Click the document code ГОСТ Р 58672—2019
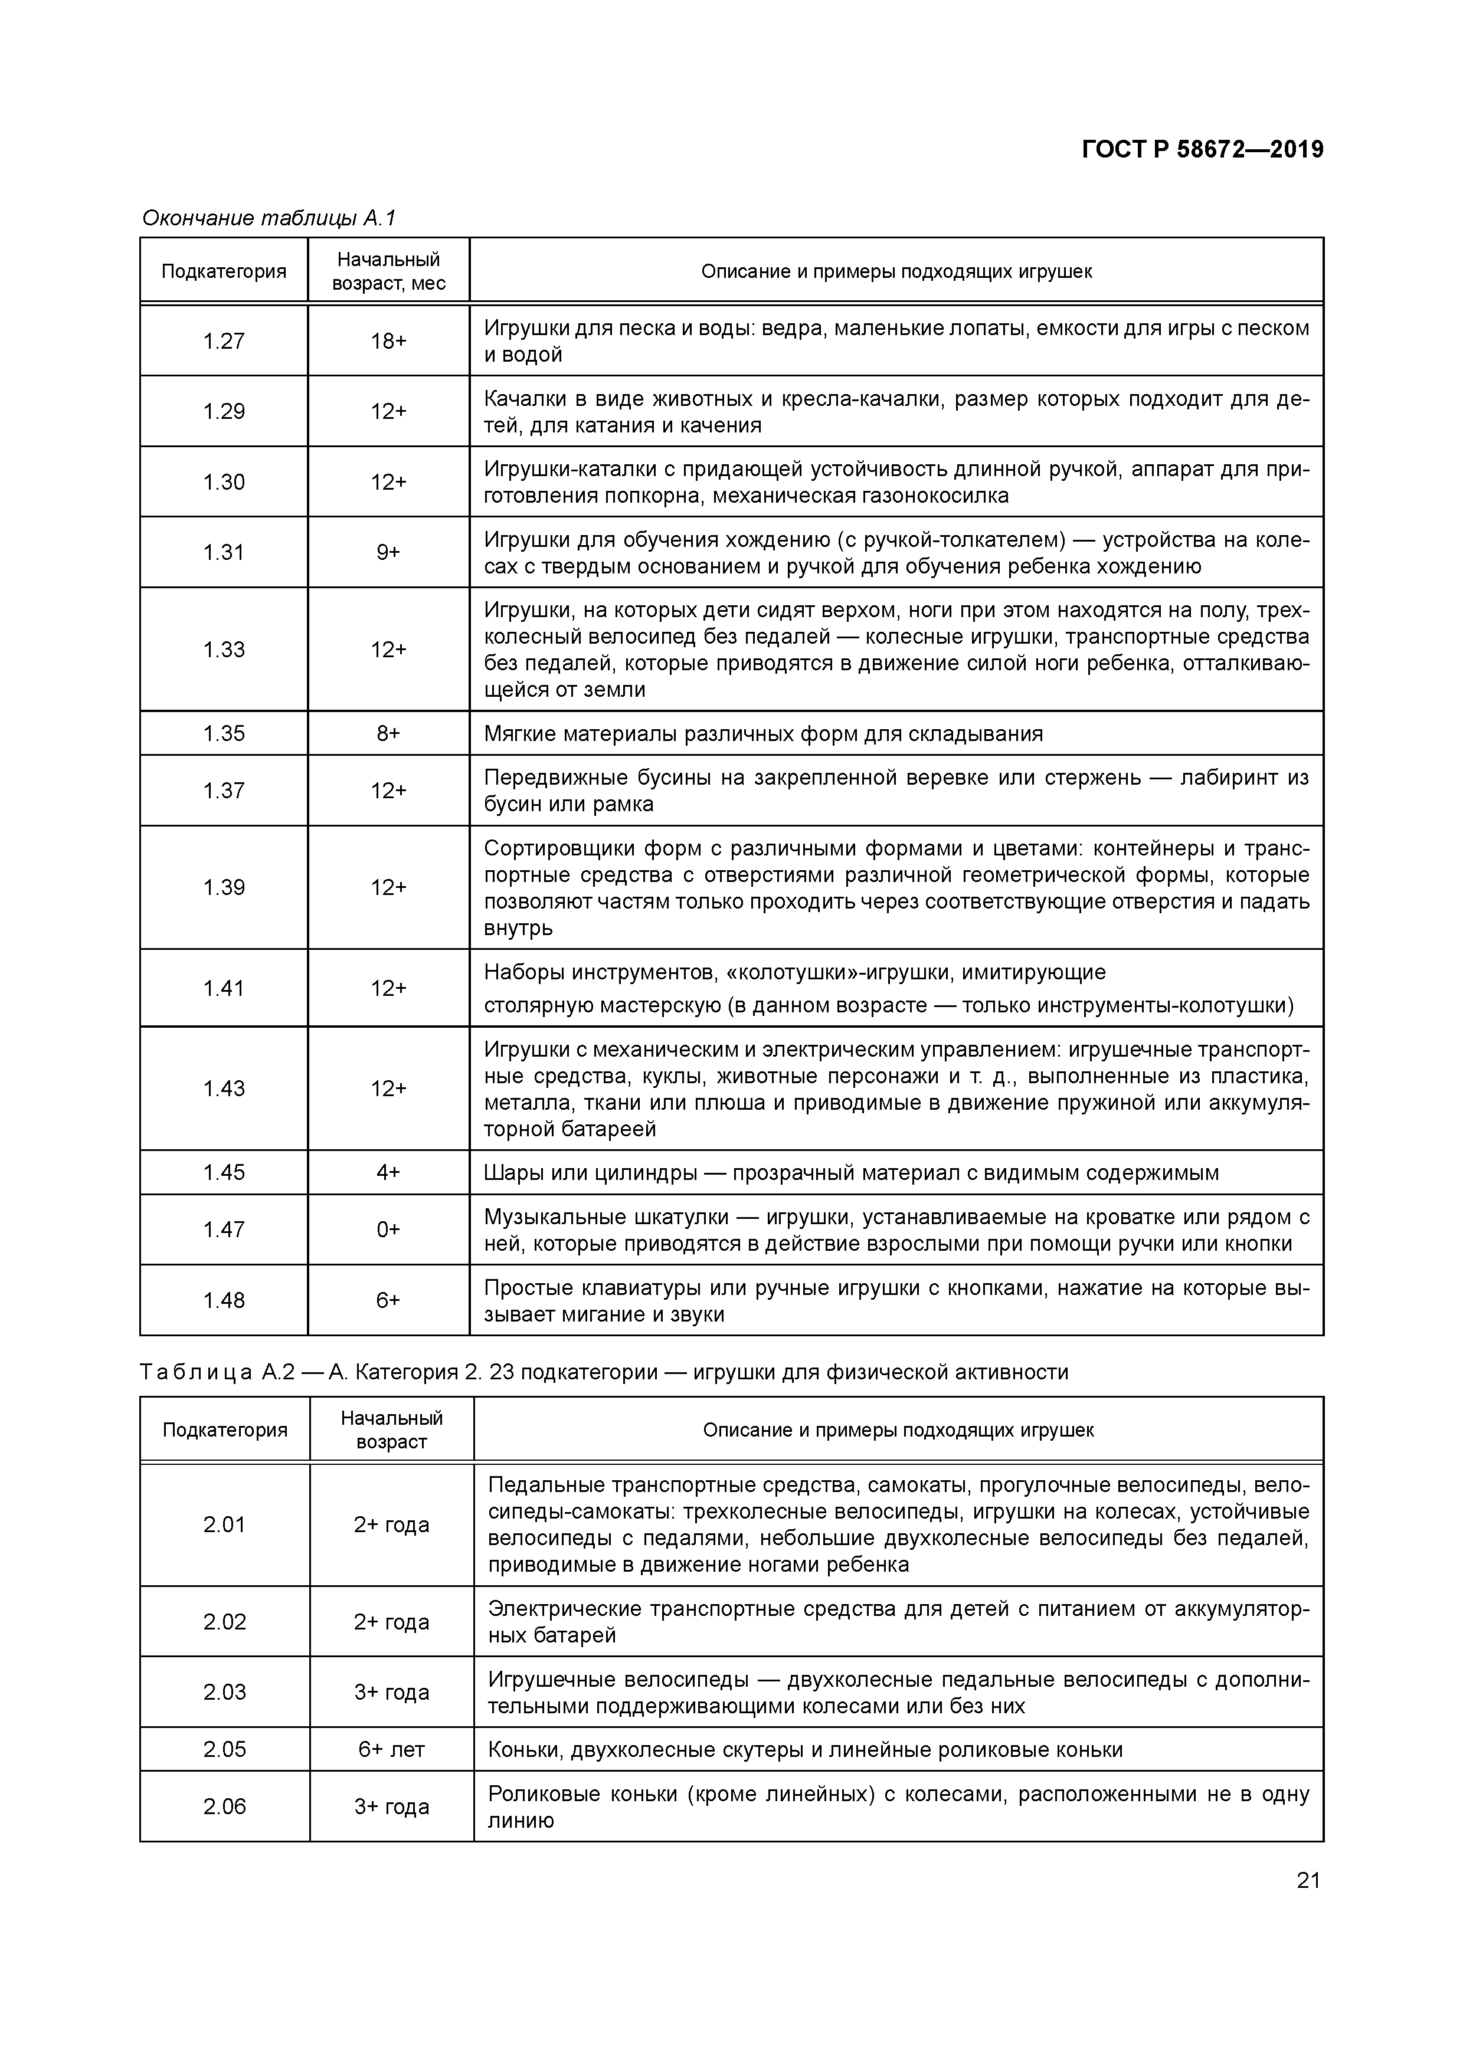[x=1203, y=150]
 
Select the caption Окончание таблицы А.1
[x=269, y=218]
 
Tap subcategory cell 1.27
[x=224, y=340]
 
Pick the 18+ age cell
[x=388, y=340]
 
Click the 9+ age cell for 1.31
[x=388, y=552]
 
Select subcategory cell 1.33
[x=224, y=650]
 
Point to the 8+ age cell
[x=388, y=733]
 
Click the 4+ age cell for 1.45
[x=388, y=1172]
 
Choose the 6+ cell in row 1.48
[x=388, y=1300]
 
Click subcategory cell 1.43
[x=224, y=1088]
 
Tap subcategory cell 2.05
[x=224, y=1750]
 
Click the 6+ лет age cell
[x=391, y=1750]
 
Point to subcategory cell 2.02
[x=224, y=1622]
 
